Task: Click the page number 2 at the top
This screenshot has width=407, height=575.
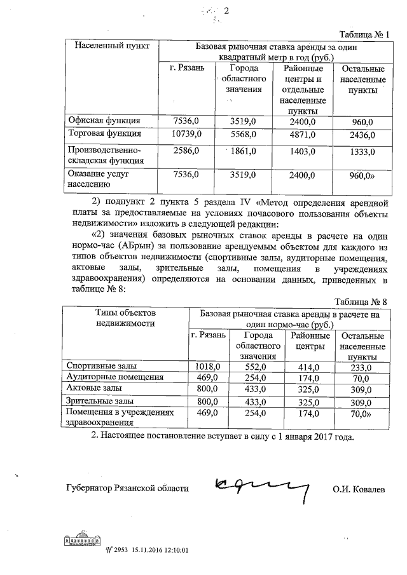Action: pyautogui.click(x=225, y=11)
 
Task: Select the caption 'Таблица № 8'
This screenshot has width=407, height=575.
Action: pyautogui.click(x=362, y=301)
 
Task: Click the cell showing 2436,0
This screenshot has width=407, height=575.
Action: pyautogui.click(x=363, y=135)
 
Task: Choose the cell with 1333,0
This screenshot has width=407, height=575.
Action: pyautogui.click(x=363, y=151)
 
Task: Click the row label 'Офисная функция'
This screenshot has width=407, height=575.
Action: pyautogui.click(x=104, y=120)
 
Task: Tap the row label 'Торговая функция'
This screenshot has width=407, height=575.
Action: pyautogui.click(x=104, y=135)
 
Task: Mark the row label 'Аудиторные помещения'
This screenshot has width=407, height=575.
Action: pyautogui.click(x=115, y=377)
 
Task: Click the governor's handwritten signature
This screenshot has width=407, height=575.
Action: pyautogui.click(x=261, y=486)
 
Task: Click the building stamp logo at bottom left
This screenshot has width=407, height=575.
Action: pyautogui.click(x=82, y=539)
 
